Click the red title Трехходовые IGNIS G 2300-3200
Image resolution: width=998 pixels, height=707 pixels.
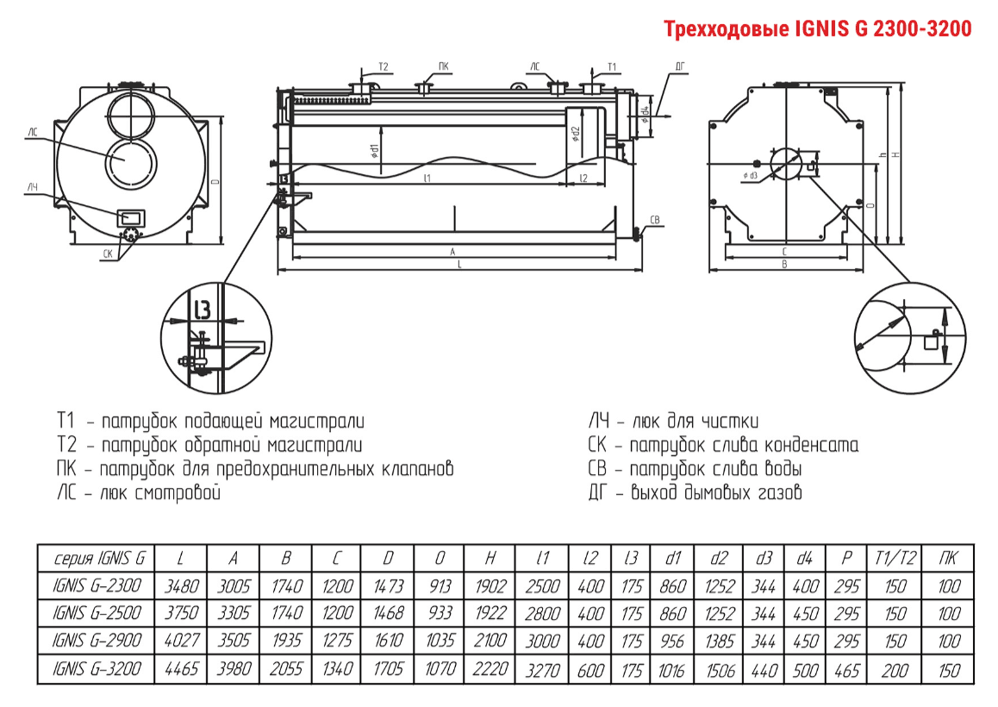(x=817, y=28)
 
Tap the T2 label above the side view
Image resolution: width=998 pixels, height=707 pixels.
(x=384, y=66)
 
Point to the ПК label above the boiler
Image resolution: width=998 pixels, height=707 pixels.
(x=443, y=66)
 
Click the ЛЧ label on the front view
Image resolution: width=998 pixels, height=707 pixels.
(x=32, y=187)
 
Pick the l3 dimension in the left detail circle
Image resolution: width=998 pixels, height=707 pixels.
(x=202, y=309)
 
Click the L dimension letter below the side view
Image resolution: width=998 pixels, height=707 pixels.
(x=459, y=266)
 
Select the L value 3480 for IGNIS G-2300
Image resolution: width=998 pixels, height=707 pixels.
(x=182, y=586)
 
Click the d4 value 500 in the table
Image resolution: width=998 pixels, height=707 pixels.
(x=804, y=668)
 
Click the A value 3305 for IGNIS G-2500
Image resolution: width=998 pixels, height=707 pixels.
(x=234, y=613)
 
